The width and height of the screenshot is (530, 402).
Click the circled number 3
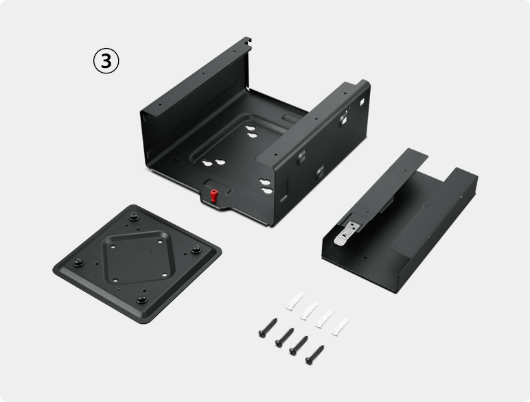pos(106,61)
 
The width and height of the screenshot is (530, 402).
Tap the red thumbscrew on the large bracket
pos(214,196)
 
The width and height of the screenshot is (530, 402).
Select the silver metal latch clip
pos(347,233)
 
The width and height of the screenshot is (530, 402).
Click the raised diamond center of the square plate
pos(137,257)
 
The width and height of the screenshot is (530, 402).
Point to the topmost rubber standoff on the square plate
pos(134,216)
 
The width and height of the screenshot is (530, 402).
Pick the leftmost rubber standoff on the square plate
pos(79,262)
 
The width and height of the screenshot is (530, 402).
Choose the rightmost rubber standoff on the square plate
pos(196,249)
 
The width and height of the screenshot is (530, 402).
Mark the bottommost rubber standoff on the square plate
pos(142,298)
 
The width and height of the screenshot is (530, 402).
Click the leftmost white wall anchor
pos(295,301)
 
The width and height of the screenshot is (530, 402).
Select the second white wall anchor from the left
pos(309,311)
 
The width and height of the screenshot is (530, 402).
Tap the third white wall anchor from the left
pos(324,318)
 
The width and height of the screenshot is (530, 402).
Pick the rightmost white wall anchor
pos(341,327)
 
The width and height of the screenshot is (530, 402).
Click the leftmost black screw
pos(268,328)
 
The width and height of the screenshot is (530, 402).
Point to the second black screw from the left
pos(284,338)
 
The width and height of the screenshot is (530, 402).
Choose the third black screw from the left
pos(299,346)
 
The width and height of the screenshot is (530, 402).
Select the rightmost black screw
pos(314,355)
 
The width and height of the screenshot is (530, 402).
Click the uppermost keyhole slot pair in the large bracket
pos(251,132)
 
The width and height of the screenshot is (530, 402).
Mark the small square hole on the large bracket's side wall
pos(362,102)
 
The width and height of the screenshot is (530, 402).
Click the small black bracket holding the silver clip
pos(399,220)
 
